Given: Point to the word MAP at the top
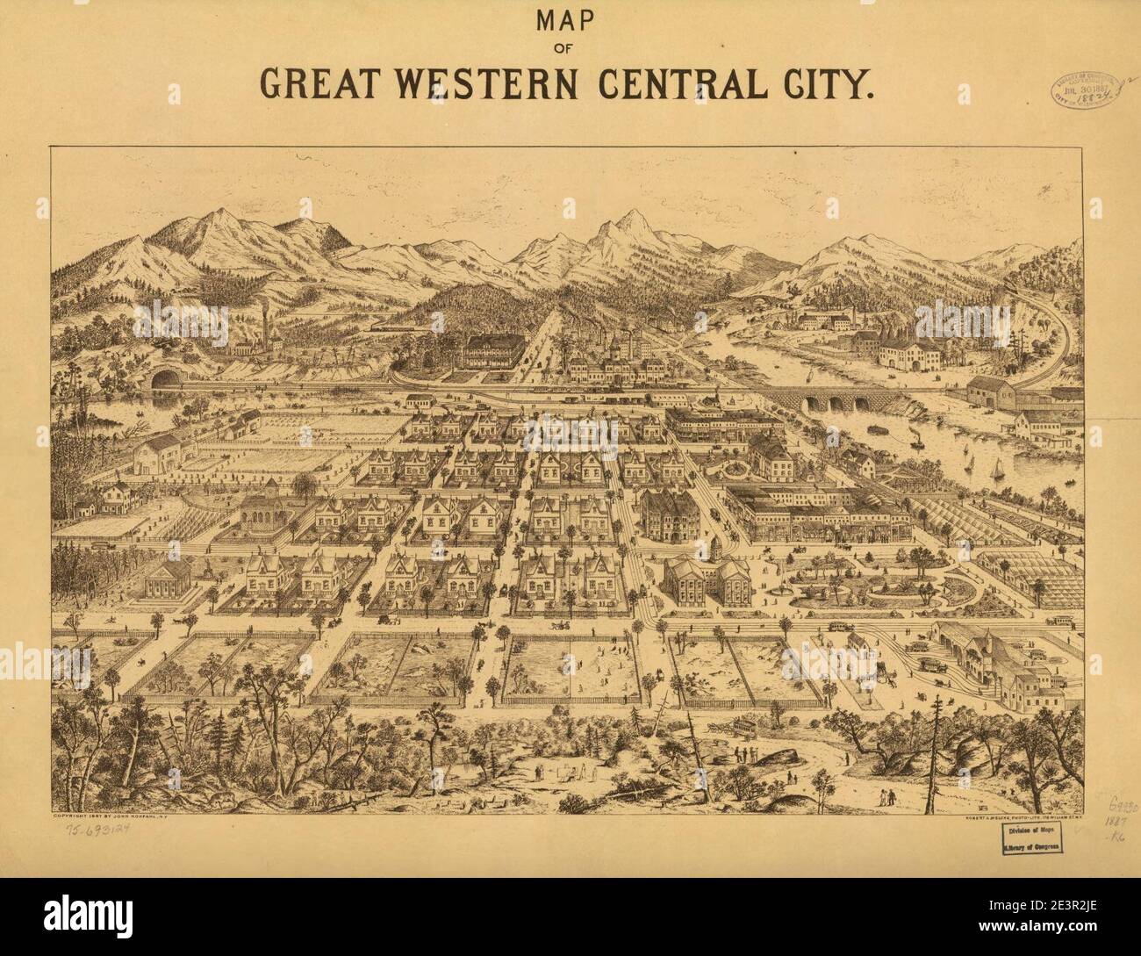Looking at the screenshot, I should (x=570, y=18).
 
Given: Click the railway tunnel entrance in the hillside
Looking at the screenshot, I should (x=164, y=379).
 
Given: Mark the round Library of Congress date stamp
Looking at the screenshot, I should (x=1084, y=90).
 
